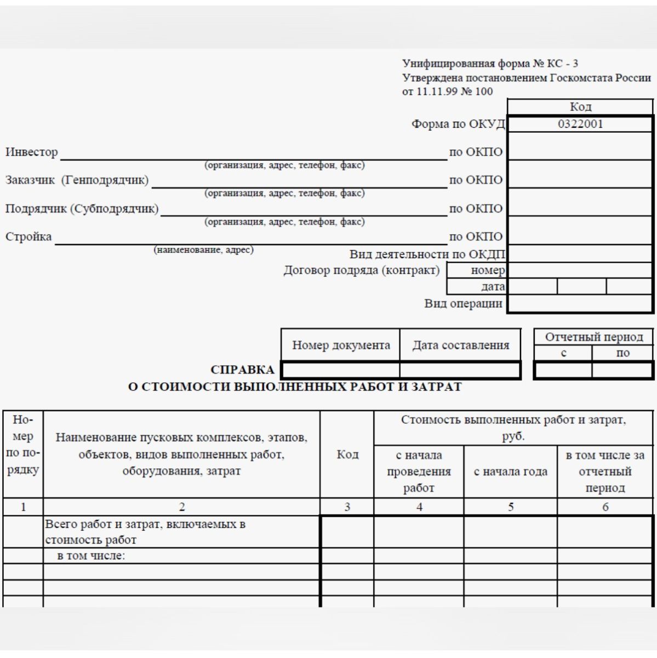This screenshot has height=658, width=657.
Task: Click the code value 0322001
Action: click(x=580, y=124)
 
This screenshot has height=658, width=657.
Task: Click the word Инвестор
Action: click(x=32, y=152)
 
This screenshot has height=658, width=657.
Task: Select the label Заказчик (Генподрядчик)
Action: click(x=77, y=180)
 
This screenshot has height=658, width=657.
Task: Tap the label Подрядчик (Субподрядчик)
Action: click(x=82, y=208)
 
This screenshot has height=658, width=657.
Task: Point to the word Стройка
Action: click(x=28, y=236)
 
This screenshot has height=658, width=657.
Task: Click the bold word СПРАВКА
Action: click(x=242, y=370)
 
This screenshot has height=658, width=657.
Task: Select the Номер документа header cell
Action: click(x=341, y=345)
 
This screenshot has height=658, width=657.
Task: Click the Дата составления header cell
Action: click(x=460, y=345)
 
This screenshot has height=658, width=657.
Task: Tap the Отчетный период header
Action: click(x=594, y=337)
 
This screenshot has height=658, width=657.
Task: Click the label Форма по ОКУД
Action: click(x=458, y=124)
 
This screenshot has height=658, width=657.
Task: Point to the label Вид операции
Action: click(x=463, y=303)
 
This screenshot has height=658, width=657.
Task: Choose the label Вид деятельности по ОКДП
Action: click(x=427, y=254)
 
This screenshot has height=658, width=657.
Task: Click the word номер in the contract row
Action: click(x=488, y=270)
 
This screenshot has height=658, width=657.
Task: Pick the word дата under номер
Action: click(x=493, y=286)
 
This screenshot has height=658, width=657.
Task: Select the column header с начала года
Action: click(x=510, y=471)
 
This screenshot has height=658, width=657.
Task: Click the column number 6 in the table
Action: click(x=605, y=507)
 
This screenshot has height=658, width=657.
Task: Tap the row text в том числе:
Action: click(x=92, y=555)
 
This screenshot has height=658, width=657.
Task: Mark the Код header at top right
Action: click(x=580, y=106)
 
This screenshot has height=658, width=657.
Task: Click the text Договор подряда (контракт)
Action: click(x=362, y=270)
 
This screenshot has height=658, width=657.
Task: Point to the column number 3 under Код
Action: click(x=347, y=507)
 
